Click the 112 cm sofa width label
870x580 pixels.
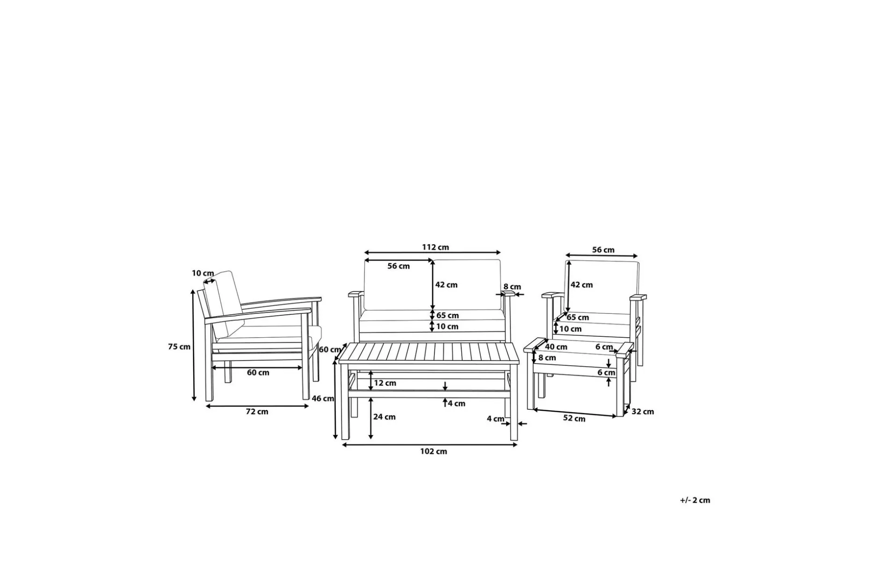(x=435, y=247)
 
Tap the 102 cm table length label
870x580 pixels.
(x=434, y=451)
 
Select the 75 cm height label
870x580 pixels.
(x=179, y=347)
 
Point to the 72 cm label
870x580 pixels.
(x=257, y=412)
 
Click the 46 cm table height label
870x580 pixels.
(x=323, y=399)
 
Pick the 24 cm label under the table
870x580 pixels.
(x=384, y=417)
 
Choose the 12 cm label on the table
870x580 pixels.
(x=385, y=383)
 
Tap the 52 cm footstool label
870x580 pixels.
(x=574, y=418)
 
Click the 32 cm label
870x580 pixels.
(x=643, y=412)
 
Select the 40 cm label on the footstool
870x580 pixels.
(x=556, y=347)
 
